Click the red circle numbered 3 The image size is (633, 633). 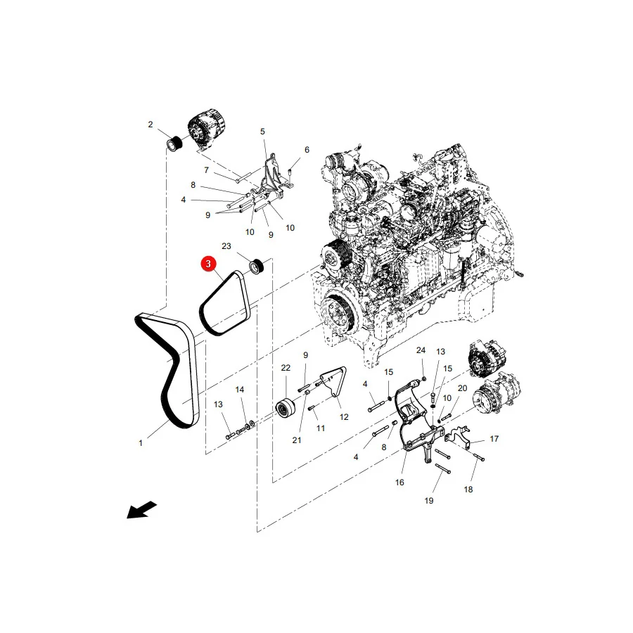coord(208,264)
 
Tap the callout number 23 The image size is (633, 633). coord(226,246)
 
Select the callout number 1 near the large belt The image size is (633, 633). coord(141,443)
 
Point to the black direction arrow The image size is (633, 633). coord(141,510)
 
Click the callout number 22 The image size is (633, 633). coord(286,368)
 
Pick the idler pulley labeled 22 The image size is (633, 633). coord(286,408)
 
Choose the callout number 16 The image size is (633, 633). coord(399,482)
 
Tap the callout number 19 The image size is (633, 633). coord(429,501)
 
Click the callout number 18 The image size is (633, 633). coord(468,490)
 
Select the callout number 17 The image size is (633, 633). coord(494,439)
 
